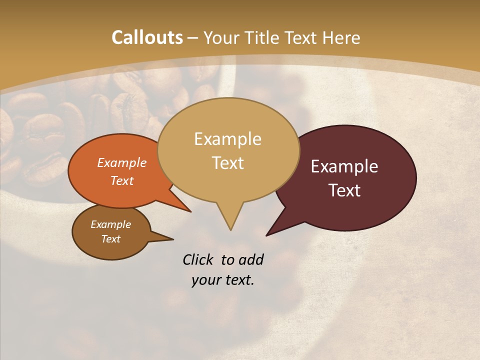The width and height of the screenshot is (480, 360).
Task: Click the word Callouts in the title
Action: [147, 38]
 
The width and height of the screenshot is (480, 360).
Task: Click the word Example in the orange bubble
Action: [122, 162]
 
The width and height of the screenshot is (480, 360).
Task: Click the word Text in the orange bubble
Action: [122, 180]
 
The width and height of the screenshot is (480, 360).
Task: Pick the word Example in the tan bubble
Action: [227, 139]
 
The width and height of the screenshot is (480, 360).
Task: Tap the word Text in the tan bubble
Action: [227, 163]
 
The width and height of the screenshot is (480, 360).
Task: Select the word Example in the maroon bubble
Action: [344, 166]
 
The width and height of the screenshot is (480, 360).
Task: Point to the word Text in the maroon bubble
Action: [345, 190]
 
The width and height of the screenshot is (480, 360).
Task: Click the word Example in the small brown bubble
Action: [110, 224]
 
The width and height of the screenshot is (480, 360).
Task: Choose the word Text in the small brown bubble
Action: [111, 239]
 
